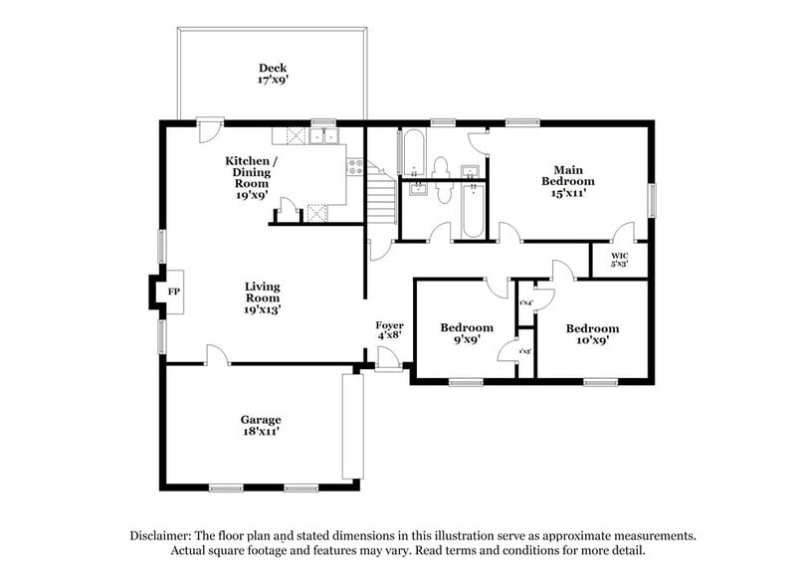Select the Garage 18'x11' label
point(260,426)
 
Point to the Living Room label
point(263,297)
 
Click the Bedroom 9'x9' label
point(467,333)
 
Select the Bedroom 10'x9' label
point(592,333)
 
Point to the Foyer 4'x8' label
point(388,331)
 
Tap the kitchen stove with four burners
point(353,165)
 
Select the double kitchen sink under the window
point(323,138)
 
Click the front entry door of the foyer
point(389,365)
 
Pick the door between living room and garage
point(215,356)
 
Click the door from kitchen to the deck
point(210,129)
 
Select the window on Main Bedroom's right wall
point(653,198)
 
